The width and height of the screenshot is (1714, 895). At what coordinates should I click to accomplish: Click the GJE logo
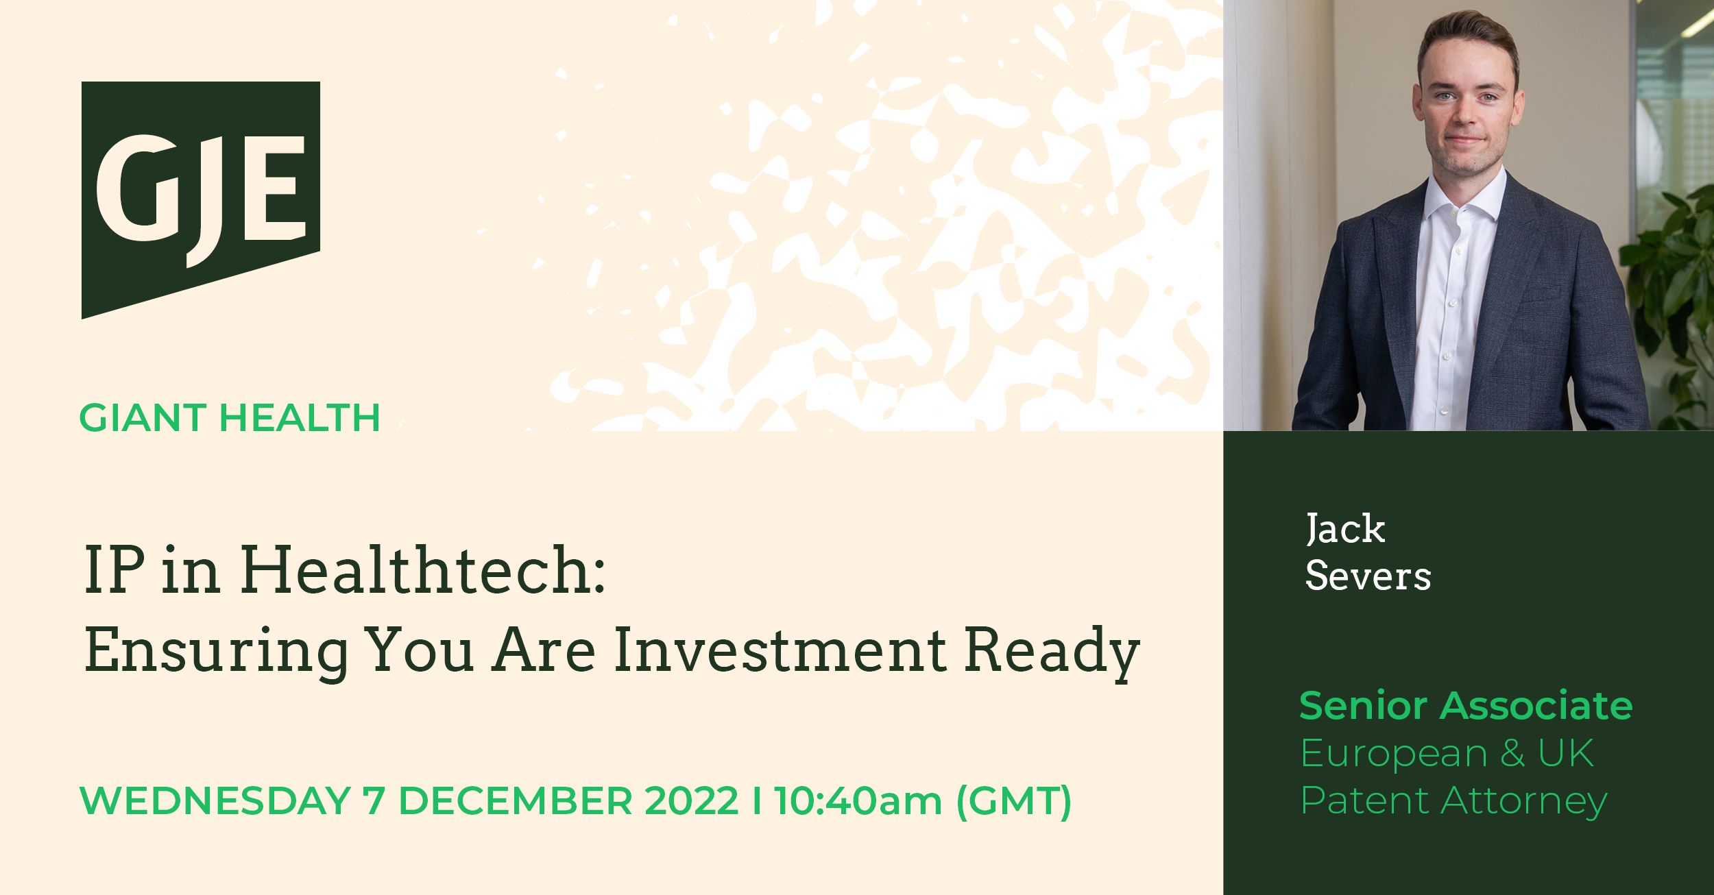201,199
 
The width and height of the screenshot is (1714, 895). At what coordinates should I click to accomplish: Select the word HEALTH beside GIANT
300,418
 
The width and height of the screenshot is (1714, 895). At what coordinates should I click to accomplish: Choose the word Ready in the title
1052,654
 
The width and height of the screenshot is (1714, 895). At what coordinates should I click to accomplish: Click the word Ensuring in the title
216,654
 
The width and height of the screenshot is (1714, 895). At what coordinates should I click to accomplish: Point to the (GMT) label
1014,802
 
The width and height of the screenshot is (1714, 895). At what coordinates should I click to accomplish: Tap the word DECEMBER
516,801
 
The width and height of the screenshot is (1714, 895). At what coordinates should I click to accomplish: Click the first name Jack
1345,529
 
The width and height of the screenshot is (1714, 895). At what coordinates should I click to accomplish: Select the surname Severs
1368,576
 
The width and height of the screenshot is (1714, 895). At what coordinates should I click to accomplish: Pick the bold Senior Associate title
1466,706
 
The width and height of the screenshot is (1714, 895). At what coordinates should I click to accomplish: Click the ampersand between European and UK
1512,753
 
